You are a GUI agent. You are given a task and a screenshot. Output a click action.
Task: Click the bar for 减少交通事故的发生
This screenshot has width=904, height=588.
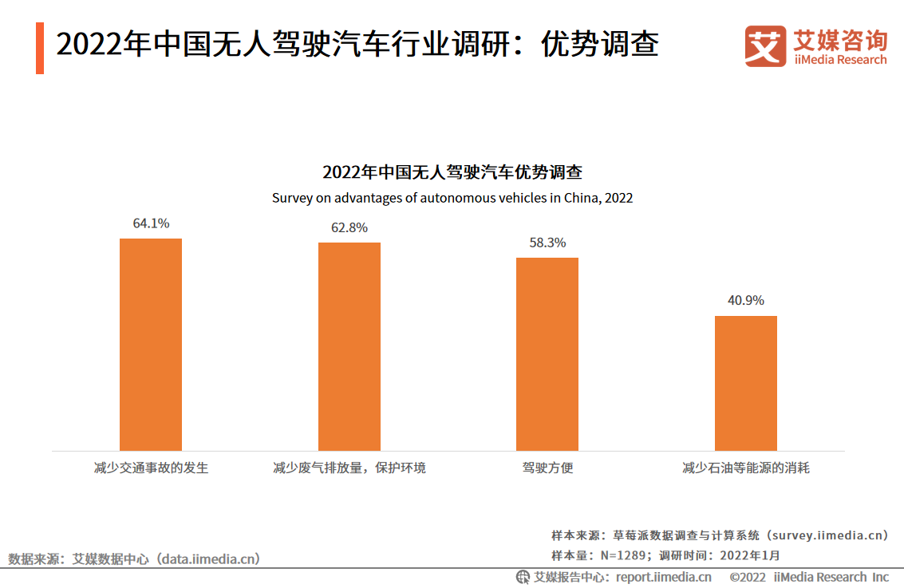151,344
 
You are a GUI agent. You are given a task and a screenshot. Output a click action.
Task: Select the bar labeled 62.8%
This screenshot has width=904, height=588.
349,346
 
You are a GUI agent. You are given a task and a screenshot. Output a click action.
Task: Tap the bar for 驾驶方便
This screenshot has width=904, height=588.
547,353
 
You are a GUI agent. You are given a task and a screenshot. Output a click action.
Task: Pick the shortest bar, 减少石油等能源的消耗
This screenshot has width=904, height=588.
745,383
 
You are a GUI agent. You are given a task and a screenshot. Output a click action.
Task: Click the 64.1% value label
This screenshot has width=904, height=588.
151,224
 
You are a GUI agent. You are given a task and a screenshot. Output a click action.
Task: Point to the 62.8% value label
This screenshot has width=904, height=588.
349,228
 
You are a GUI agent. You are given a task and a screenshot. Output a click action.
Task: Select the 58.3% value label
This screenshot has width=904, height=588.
547,243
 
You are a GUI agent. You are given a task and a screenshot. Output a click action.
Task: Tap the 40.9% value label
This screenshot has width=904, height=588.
745,301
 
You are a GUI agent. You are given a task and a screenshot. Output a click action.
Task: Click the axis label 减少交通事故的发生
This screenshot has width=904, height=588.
151,468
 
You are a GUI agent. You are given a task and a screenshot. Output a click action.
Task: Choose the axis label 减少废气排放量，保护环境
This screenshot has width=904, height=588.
349,468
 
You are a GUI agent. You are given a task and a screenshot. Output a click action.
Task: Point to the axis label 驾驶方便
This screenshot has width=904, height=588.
547,468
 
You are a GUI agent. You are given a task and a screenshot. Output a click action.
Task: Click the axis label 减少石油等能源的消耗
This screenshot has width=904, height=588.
745,468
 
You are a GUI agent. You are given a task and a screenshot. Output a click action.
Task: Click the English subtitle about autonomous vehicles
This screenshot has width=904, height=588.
452,198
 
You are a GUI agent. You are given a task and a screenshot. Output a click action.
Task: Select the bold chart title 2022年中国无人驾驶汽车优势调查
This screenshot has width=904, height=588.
452,172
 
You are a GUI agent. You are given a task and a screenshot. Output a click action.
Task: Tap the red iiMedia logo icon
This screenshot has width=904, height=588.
764,46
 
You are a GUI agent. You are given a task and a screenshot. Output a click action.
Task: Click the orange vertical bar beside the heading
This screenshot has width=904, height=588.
40,48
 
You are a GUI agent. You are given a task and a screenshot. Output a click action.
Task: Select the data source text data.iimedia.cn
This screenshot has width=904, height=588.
207,559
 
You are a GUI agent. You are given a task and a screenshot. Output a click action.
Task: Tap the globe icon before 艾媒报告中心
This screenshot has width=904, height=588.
523,577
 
